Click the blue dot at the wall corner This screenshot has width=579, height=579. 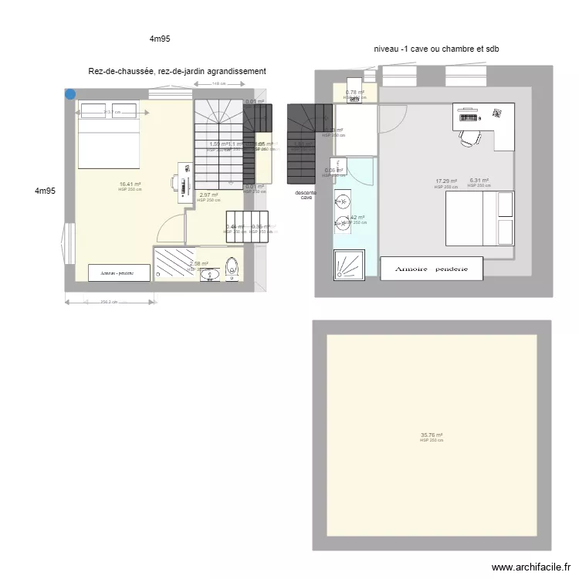click(x=70, y=94)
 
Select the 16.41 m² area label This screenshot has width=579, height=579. click(x=130, y=184)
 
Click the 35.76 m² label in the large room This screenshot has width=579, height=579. click(x=432, y=435)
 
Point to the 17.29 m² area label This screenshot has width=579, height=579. click(x=445, y=181)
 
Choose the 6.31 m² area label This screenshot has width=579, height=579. click(x=479, y=181)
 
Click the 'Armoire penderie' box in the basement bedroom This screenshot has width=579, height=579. click(x=437, y=269)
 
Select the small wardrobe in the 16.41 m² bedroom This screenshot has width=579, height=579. click(x=120, y=273)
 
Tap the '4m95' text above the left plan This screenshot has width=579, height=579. click(x=161, y=38)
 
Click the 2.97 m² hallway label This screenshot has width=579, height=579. click(x=208, y=195)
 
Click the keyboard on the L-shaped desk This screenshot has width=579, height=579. click(x=468, y=117)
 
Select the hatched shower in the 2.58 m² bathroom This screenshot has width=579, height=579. click(x=176, y=262)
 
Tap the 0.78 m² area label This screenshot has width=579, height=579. click(x=354, y=93)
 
